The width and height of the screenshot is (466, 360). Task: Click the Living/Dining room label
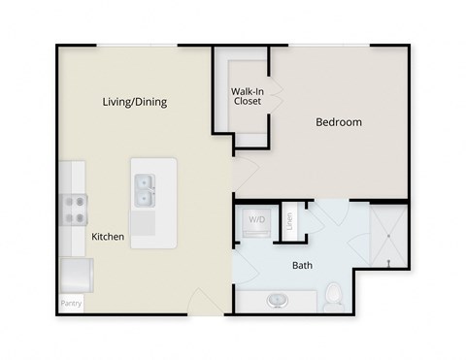[x=135, y=101]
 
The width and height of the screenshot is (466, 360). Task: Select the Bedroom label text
[x=339, y=122]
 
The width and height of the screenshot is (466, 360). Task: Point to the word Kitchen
[x=108, y=237]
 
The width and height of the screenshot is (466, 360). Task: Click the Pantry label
[x=72, y=304]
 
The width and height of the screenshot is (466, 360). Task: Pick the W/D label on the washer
[x=257, y=221]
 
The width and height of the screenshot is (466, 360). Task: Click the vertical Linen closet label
[x=289, y=221]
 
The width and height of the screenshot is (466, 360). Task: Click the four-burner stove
[x=76, y=207]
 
